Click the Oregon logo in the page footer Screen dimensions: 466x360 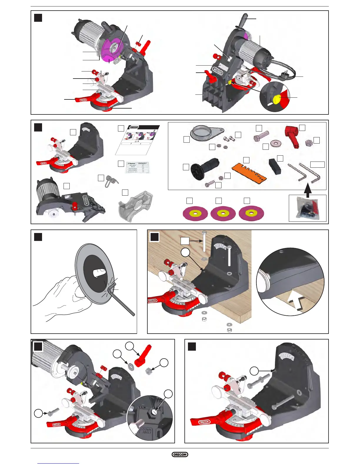click(180, 455)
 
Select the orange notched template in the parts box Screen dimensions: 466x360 click(249, 173)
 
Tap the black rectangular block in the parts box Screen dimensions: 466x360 click(275, 167)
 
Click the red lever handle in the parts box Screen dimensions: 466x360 click(292, 137)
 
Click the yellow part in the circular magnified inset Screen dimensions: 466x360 click(277, 99)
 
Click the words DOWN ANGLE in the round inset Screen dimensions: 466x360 click(146, 431)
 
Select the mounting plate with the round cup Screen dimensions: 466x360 click(206, 133)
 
